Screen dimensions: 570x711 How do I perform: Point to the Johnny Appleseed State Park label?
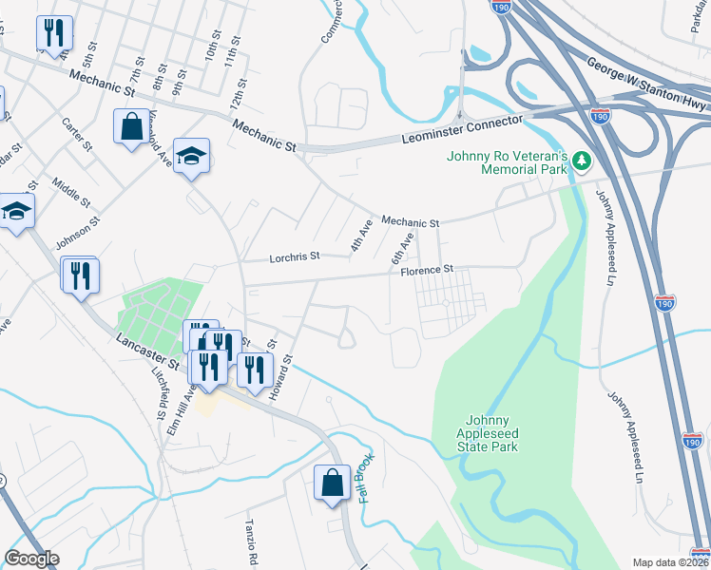[x=488, y=433]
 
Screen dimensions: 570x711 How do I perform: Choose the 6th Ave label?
[x=402, y=248]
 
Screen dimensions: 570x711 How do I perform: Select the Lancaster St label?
[x=147, y=351]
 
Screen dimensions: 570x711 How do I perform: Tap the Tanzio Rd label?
[x=255, y=543]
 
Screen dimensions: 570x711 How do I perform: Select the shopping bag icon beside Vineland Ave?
[x=129, y=125]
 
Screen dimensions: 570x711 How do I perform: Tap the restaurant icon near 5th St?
[x=54, y=33]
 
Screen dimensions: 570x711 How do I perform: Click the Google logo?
[x=32, y=559]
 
